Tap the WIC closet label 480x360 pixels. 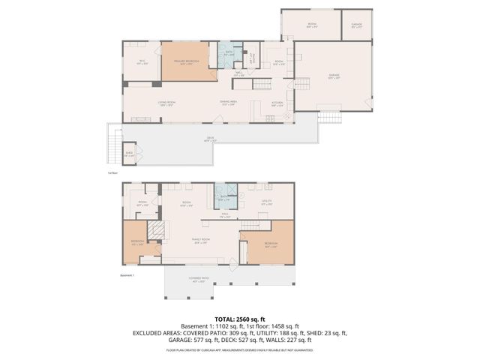[141, 63]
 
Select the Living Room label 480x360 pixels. [166, 103]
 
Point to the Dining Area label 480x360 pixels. [228, 103]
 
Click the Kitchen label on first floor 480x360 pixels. [277, 103]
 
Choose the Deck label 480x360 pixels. [210, 139]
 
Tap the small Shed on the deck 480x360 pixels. [129, 155]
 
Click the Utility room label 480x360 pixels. [266, 202]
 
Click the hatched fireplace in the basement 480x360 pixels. [154, 231]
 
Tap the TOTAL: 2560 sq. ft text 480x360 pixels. [239, 318]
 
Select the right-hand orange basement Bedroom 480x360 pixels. [271, 244]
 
